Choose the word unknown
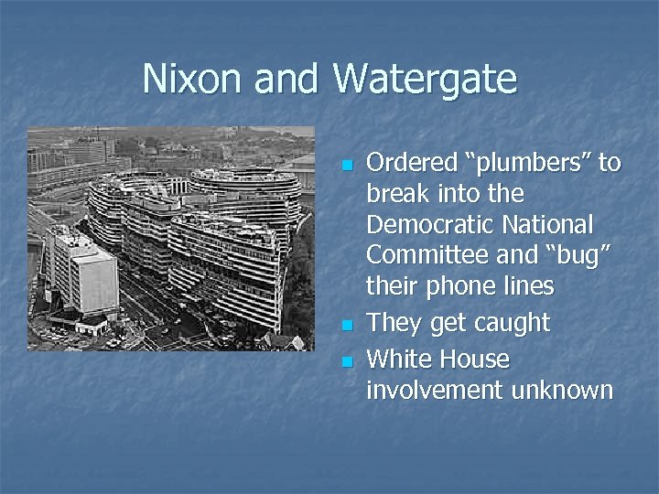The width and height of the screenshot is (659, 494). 559,390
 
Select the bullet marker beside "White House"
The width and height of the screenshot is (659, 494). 345,360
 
